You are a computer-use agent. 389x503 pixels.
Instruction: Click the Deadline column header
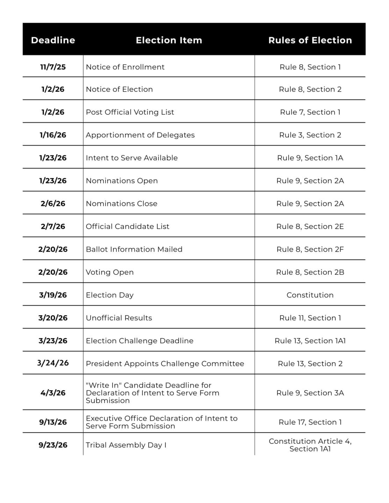(x=53, y=40)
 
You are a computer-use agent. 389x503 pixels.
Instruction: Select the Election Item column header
(x=169, y=40)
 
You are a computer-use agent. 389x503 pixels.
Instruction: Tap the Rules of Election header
(x=310, y=40)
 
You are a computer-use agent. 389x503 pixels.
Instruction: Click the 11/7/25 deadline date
(x=53, y=67)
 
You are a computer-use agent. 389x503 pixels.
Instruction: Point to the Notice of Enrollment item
(x=125, y=67)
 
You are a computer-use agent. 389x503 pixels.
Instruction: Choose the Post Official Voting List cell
(x=130, y=112)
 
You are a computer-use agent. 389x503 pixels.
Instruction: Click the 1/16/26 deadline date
(x=53, y=135)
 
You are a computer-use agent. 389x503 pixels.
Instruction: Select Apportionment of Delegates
(x=140, y=135)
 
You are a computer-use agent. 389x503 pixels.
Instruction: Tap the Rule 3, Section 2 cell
(x=310, y=135)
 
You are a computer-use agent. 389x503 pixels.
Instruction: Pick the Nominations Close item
(x=122, y=204)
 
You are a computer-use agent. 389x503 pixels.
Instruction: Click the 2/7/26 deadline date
(x=53, y=226)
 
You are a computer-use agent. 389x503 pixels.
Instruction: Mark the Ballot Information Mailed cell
(x=134, y=249)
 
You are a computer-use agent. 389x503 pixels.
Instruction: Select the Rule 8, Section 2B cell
(x=310, y=272)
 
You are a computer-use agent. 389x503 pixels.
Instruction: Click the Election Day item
(x=110, y=295)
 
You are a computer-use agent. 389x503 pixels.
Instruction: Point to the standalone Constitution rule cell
(x=310, y=295)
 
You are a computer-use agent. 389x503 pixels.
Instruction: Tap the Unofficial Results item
(x=119, y=318)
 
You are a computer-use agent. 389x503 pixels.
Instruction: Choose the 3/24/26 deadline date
(x=53, y=363)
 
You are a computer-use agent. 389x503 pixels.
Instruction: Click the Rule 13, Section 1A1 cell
(x=310, y=341)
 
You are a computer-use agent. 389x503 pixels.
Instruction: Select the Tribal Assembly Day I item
(x=126, y=445)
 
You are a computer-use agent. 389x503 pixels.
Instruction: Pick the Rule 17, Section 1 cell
(x=310, y=422)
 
